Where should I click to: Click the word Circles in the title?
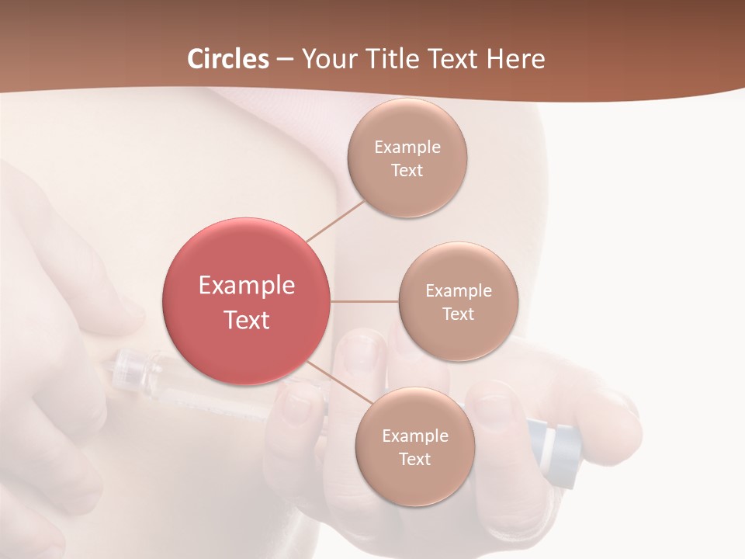pos(228,59)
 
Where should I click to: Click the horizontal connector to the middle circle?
pos(365,301)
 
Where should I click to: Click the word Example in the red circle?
pos(247,286)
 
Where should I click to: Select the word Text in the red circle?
pos(247,320)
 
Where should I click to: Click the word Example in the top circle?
pos(407,148)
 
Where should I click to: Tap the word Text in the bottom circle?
pos(414,460)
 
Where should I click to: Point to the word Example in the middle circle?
pos(458,291)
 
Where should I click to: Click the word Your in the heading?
pos(326,59)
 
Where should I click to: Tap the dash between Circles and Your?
pos(285,59)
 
